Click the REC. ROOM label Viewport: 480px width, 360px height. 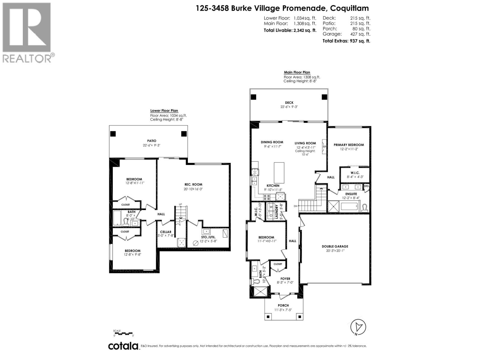(x=193, y=184)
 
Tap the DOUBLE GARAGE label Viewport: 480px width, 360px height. (x=335, y=246)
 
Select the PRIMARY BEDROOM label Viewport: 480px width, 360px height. (x=349, y=145)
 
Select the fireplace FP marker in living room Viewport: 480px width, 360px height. (x=324, y=147)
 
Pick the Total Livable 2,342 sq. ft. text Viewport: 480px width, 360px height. (x=290, y=30)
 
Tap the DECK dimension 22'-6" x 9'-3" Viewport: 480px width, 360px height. (x=289, y=107)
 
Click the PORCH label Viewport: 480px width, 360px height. (x=283, y=305)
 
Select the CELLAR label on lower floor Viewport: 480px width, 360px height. (x=166, y=232)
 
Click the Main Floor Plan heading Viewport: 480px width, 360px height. (x=297, y=72)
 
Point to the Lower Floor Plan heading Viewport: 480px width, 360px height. (x=164, y=111)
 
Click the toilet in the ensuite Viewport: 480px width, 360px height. (x=365, y=207)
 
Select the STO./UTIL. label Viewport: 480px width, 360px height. (x=208, y=237)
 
